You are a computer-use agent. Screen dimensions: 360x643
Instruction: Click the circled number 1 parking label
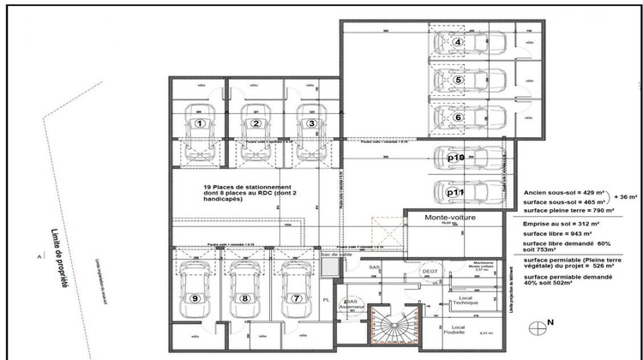[200, 123]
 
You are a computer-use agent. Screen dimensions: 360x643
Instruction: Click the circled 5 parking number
[459, 81]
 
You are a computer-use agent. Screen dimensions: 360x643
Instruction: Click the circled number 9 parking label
[196, 298]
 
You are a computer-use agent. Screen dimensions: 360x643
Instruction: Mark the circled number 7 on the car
[297, 298]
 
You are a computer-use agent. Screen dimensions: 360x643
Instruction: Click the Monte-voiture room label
[450, 219]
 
